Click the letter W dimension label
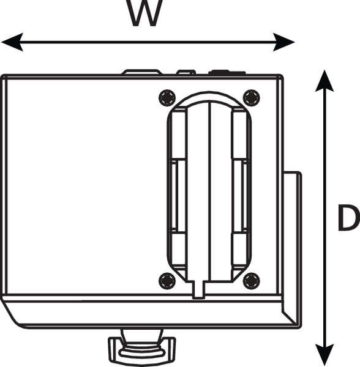click(x=144, y=12)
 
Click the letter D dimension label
click(x=349, y=217)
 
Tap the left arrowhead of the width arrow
click(x=12, y=42)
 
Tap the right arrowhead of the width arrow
click(x=283, y=42)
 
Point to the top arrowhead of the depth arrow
click(x=324, y=81)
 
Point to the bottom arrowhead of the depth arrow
click(x=324, y=355)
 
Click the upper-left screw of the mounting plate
click(x=167, y=98)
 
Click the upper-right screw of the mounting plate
click(x=251, y=98)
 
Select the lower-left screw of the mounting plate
click(x=167, y=281)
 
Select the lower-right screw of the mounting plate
click(x=251, y=281)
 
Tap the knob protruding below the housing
click(x=141, y=348)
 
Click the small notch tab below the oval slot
click(x=198, y=289)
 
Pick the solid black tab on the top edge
click(x=227, y=72)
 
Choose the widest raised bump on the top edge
click(x=142, y=72)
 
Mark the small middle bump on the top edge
click(x=186, y=72)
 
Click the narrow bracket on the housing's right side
click(x=292, y=248)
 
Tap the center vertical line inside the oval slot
click(x=209, y=191)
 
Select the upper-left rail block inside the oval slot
click(x=179, y=134)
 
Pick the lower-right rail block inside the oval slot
click(x=239, y=249)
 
